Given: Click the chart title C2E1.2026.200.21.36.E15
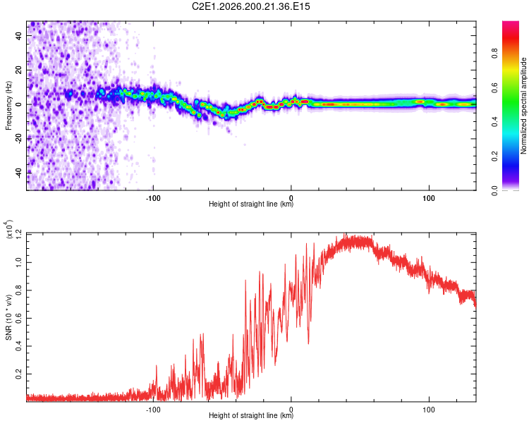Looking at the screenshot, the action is pos(250,6).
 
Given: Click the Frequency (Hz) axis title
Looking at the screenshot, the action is pos(8,106).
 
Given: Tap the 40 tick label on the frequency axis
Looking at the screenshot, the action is pos(18,36).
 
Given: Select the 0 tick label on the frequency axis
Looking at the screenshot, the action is pos(18,104).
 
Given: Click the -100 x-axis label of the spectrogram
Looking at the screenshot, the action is pos(153,198).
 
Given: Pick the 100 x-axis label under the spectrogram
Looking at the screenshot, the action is pos(428,198).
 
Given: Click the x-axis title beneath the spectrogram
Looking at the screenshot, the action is pos(251,204).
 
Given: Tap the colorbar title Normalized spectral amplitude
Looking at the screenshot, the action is pos(523,106).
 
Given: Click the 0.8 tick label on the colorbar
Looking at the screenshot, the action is pos(494,54).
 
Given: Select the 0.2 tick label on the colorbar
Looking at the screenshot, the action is pos(494,157).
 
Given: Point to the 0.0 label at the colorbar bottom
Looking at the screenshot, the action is pos(494,191).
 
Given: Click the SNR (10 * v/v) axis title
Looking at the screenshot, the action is pos(8,317).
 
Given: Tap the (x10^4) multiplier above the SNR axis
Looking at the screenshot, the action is pos(9,230).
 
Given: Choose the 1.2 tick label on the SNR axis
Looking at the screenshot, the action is pos(18,234).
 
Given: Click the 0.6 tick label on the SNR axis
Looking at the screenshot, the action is pos(18,318).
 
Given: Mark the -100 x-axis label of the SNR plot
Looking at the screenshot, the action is pos(153,410).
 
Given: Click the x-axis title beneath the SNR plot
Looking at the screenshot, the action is pos(251,415).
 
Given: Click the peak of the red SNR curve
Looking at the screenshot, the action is pos(344,233).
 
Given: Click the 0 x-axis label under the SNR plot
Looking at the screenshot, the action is pos(291,410).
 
